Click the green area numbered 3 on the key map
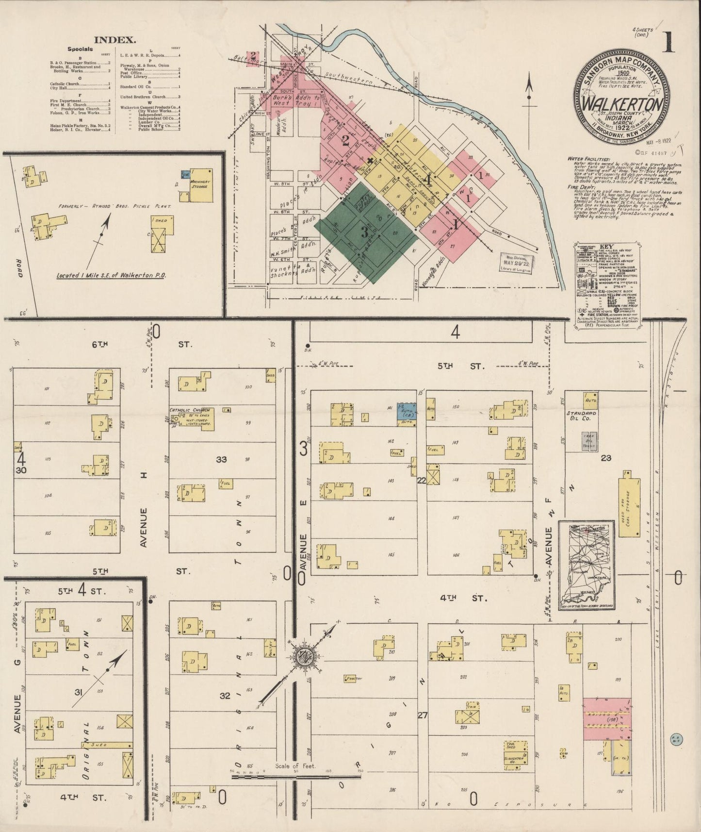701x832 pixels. [x=365, y=233]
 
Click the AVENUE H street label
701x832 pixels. [x=144, y=527]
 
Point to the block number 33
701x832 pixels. [x=221, y=459]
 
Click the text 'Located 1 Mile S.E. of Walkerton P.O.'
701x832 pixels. [x=112, y=275]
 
